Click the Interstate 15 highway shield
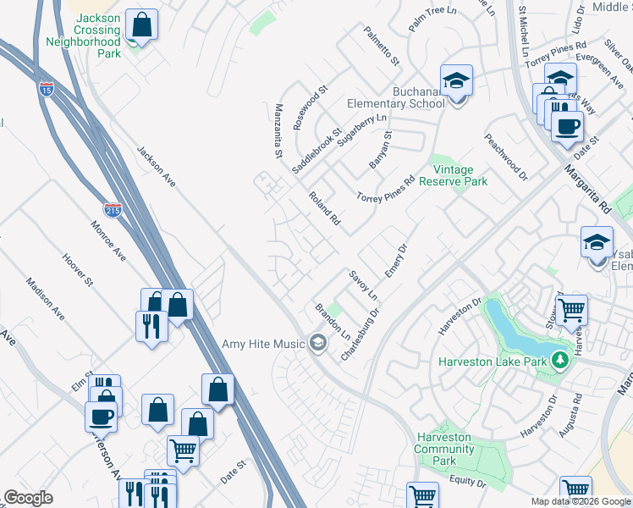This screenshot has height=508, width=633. [x=47, y=88]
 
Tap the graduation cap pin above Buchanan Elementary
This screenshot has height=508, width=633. [x=456, y=81]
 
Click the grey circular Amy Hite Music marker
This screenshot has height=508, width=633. [x=318, y=343]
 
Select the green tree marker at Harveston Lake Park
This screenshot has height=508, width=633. [x=558, y=362]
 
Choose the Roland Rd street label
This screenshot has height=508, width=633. [x=323, y=209]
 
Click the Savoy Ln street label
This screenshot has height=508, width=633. [x=361, y=286]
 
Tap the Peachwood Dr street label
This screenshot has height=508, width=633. [x=505, y=157]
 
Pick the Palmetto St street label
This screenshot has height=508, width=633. [x=382, y=48]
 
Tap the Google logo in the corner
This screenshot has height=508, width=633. [x=29, y=498]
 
